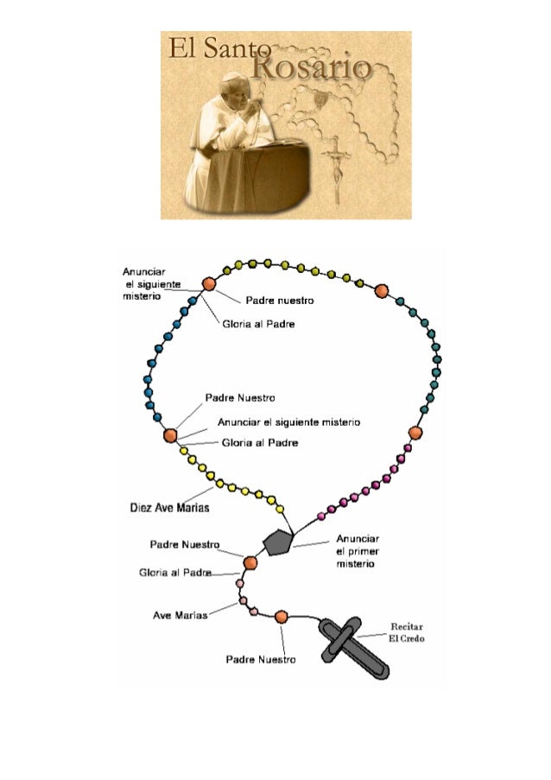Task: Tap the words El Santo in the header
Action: point(207,49)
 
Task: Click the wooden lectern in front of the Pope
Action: point(275,171)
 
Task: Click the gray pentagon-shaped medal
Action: point(277,542)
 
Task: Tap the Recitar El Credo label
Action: point(406,631)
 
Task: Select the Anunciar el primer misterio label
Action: point(356,550)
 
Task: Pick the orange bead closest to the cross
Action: point(282,617)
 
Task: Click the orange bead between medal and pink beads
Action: point(250,563)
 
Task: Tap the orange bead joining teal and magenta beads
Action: point(415,432)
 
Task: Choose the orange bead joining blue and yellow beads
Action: point(170,435)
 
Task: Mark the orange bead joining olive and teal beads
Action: point(382,291)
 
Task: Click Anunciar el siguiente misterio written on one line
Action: point(288,422)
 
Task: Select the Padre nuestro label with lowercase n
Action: point(278,301)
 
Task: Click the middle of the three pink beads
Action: point(243,600)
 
